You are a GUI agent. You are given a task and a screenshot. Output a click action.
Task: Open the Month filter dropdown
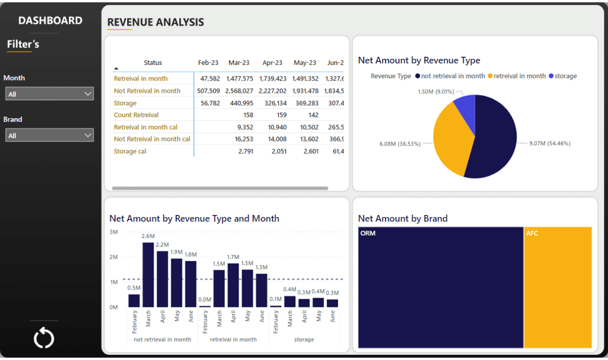pos(49,94)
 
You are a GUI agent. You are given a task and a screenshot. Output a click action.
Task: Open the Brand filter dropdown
pos(49,135)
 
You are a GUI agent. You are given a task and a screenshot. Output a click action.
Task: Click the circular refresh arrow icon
pos(44,338)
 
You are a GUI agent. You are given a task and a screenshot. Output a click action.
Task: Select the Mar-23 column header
pos(239,63)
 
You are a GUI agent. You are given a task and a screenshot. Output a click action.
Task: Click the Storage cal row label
pos(130,151)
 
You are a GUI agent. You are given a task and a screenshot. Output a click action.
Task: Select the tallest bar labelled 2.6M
pos(148,274)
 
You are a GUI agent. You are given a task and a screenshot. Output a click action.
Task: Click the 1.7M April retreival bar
pos(233,285)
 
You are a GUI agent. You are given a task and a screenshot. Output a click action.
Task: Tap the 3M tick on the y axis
pos(113,232)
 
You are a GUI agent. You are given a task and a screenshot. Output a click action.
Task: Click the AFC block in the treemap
pos(558,287)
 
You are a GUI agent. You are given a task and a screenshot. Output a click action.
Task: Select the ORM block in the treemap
pos(440,287)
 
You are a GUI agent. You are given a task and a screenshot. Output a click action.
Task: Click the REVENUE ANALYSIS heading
pos(156,22)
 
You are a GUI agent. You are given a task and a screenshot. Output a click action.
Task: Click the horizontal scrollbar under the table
pos(219,188)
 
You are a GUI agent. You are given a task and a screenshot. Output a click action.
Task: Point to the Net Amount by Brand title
pos(403,219)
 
